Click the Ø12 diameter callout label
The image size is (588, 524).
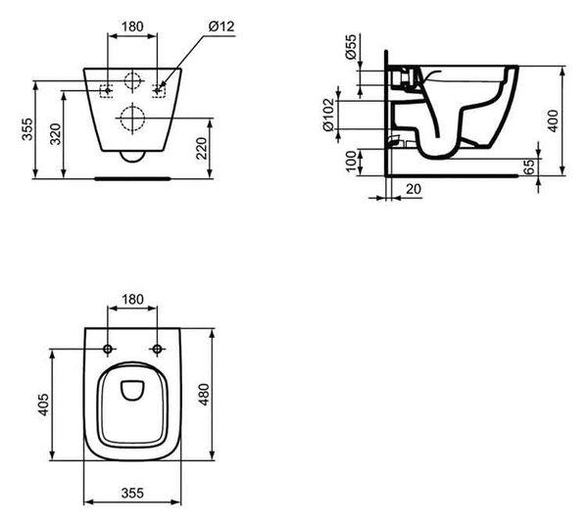click(x=221, y=26)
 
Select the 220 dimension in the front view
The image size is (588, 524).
click(x=201, y=149)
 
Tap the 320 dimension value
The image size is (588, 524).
click(x=56, y=134)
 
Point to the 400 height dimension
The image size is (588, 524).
click(x=554, y=120)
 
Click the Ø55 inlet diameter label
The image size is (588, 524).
click(x=351, y=47)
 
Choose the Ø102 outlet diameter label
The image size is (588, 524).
click(x=328, y=115)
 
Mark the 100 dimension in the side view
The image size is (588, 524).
click(x=351, y=162)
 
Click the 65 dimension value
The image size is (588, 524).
click(x=529, y=167)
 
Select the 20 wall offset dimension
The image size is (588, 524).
click(x=414, y=188)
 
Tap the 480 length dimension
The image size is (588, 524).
click(x=205, y=395)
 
